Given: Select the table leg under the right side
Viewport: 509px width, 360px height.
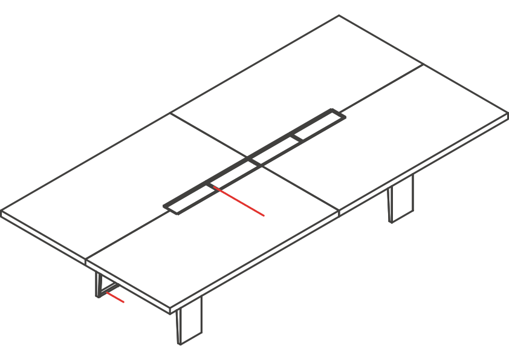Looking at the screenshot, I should tap(401, 199).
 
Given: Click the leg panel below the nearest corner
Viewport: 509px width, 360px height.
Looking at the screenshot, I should tap(190, 321).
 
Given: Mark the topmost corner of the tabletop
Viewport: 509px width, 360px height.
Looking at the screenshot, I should tap(339, 16).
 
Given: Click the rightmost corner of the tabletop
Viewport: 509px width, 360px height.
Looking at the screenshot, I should tap(507, 113).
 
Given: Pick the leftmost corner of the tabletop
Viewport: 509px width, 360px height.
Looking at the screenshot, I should tap(2, 211).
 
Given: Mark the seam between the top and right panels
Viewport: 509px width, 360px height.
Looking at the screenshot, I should tap(381, 88).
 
